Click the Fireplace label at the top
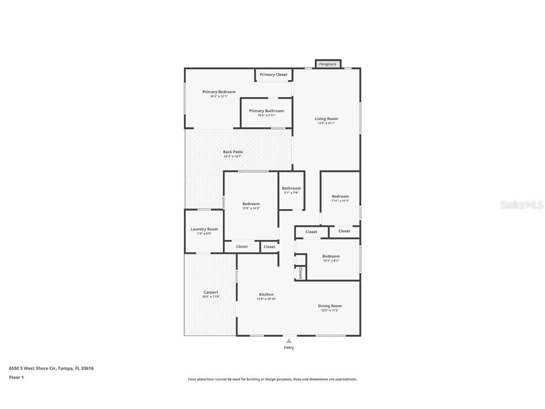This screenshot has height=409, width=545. (x=327, y=64)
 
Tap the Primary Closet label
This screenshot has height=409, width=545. (x=273, y=74)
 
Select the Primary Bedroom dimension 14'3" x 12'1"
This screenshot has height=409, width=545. (x=219, y=96)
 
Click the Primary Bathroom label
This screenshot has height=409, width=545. (x=266, y=111)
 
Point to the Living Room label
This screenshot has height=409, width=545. (x=326, y=119)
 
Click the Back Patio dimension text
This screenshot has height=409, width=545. (x=233, y=156)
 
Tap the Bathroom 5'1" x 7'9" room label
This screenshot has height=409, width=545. (x=291, y=188)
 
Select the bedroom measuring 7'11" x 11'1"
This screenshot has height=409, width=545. (x=340, y=196)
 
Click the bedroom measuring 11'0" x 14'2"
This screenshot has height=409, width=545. (x=251, y=204)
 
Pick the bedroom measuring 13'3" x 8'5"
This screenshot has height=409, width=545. (x=331, y=257)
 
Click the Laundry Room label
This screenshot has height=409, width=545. (x=204, y=229)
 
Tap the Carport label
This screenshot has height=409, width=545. (x=211, y=292)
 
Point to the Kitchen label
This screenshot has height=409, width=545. (x=266, y=294)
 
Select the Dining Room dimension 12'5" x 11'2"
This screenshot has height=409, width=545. (x=330, y=310)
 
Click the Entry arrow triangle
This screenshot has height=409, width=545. (x=289, y=340)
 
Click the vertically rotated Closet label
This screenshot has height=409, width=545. (x=300, y=273)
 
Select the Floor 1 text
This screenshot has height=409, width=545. (x=16, y=377)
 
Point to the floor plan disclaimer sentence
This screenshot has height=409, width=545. (x=272, y=379)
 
